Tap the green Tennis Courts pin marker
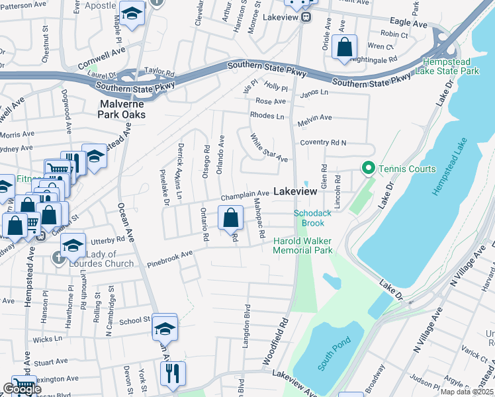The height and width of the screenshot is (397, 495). tap(368, 169)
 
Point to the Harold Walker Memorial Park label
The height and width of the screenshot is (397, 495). tap(302, 246)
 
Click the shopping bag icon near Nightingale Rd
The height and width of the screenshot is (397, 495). tap(344, 48)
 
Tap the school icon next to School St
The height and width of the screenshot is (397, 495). tap(165, 328)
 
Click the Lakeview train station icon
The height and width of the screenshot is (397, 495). tap(306, 18)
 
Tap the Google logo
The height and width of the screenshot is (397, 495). tap(22, 390)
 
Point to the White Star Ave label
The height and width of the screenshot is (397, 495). tap(269, 148)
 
